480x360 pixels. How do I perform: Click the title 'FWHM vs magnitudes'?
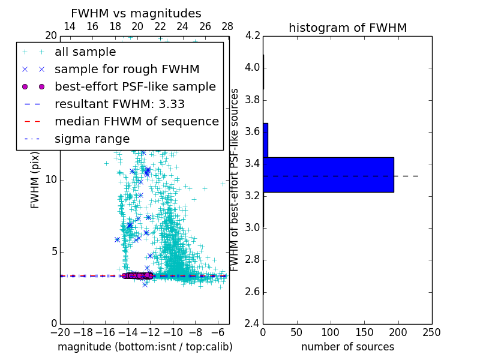[136, 13]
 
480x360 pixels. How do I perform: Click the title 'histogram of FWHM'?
[347, 28]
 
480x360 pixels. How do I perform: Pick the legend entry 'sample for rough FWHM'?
[127, 69]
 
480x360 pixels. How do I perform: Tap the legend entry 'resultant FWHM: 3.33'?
[119, 104]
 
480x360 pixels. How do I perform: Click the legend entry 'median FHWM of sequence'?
[136, 121]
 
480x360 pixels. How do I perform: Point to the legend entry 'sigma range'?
[92, 139]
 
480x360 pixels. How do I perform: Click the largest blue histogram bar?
[328, 175]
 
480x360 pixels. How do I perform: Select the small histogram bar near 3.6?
[265, 140]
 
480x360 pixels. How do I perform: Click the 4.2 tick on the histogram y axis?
[252, 35]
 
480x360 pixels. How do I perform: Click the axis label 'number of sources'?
[347, 347]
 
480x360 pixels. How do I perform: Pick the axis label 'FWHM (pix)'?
[35, 179]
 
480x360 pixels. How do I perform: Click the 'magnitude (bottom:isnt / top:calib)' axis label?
[145, 347]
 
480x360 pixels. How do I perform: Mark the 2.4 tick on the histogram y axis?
[252, 323]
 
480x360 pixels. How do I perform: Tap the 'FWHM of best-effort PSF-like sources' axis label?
[235, 179]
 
